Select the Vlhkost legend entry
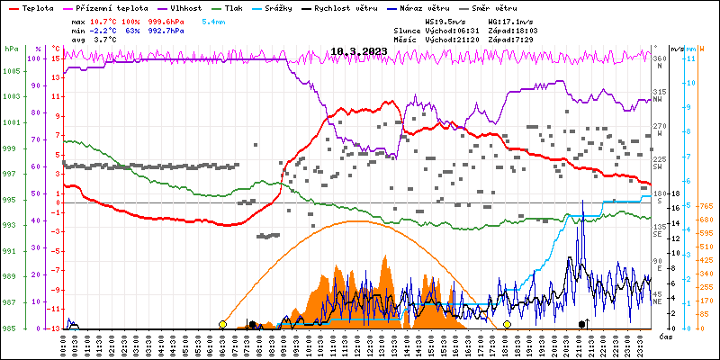click(x=185, y=7)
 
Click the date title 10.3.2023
click(x=359, y=51)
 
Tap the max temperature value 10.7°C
click(x=105, y=21)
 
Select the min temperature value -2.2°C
click(x=105, y=30)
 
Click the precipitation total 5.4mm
click(x=213, y=21)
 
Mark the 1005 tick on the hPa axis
click(x=11, y=71)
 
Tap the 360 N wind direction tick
click(x=660, y=60)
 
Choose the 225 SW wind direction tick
click(x=660, y=162)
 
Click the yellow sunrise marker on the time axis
click(x=222, y=324)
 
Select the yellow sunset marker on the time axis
click(x=507, y=324)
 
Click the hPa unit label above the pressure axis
click(x=11, y=49)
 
